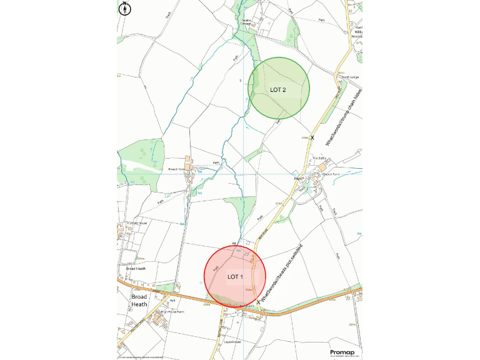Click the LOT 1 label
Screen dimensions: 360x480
[x=235, y=276]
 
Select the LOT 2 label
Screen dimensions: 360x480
[x=278, y=90]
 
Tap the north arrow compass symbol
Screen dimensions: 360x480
[x=124, y=8]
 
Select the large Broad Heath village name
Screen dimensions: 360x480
[x=139, y=301]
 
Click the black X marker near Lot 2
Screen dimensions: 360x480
[x=312, y=137]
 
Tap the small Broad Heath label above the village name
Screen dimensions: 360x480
[x=135, y=269]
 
